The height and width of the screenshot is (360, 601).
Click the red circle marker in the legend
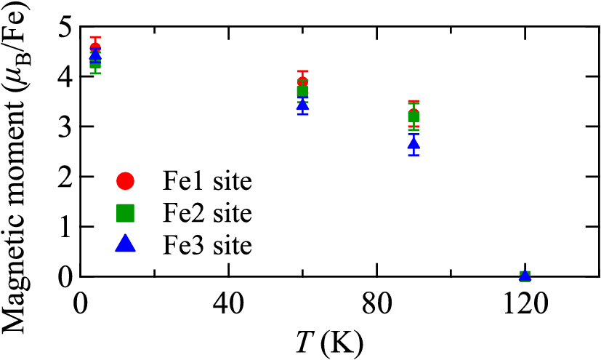click(x=126, y=180)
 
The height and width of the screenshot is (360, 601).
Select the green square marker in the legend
click(x=126, y=212)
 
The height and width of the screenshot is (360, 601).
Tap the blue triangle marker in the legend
click(x=126, y=245)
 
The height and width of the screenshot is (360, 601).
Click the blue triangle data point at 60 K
click(x=302, y=105)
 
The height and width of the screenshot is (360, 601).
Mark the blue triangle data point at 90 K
click(x=414, y=144)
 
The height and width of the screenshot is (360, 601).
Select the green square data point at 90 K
click(x=414, y=117)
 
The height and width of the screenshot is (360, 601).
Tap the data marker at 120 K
click(x=525, y=276)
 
